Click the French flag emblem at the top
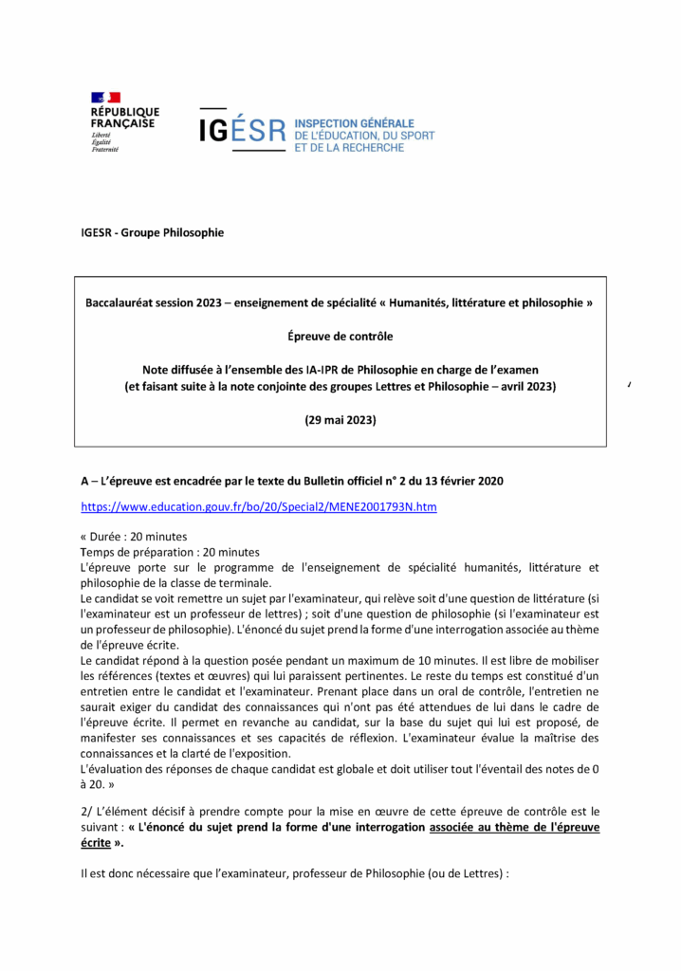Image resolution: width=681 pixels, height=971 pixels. (x=105, y=98)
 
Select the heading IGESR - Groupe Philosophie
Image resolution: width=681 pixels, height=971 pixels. (x=153, y=232)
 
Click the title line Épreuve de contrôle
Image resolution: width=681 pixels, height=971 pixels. (x=340, y=336)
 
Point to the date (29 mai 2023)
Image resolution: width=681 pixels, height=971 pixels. (x=340, y=419)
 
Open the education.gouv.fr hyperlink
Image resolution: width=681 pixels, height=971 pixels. (x=259, y=507)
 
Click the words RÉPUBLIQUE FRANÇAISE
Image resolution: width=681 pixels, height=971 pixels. (x=124, y=118)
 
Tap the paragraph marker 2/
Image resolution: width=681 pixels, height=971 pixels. (x=86, y=812)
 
